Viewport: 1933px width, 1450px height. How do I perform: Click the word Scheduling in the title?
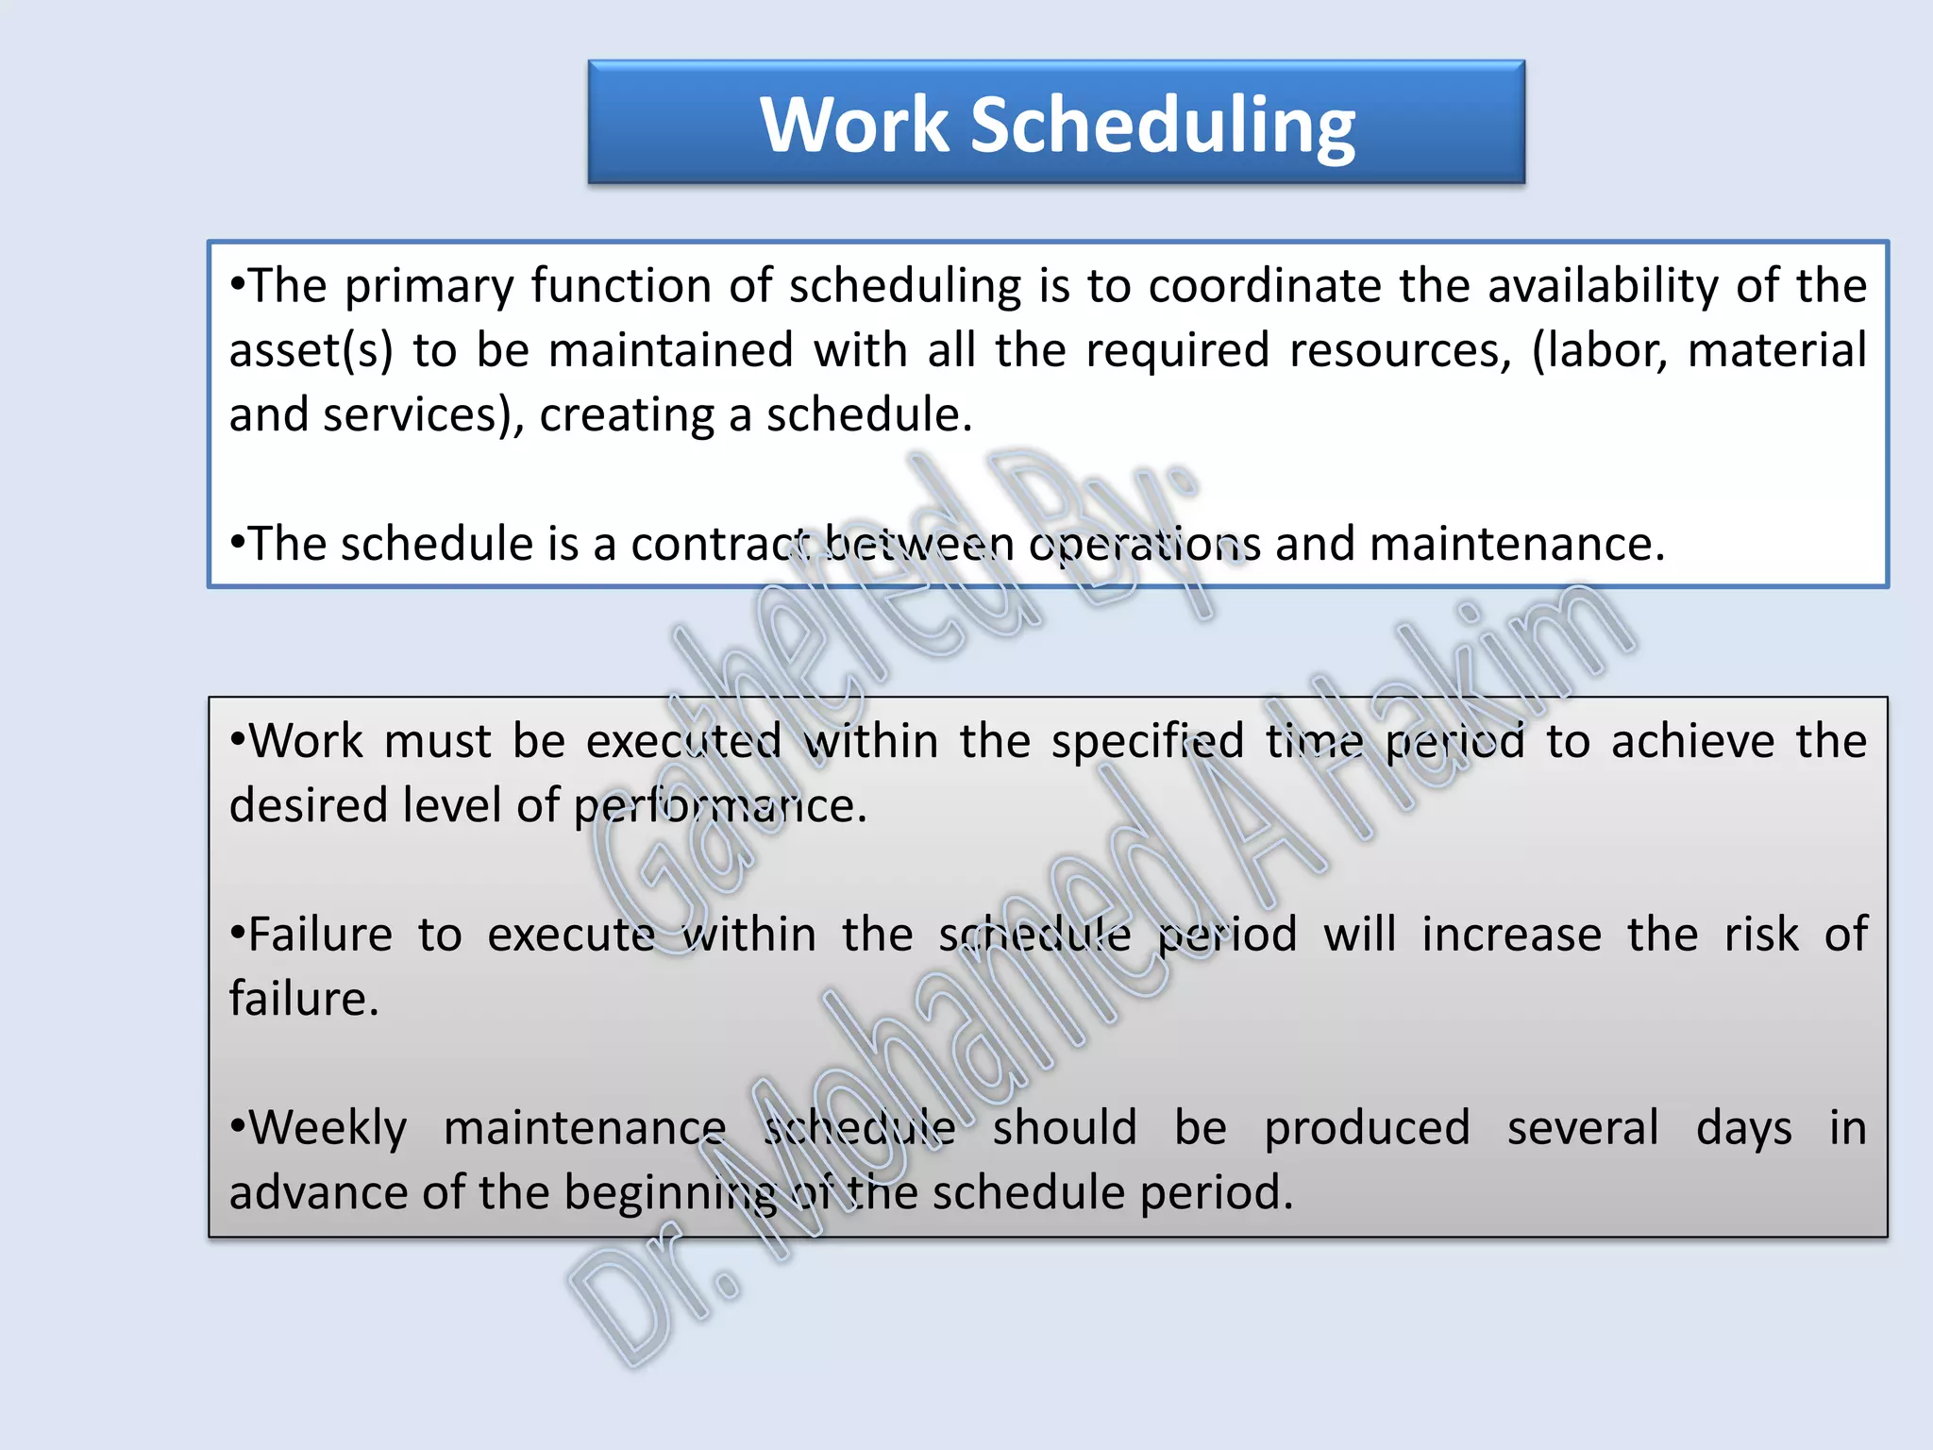[1163, 126]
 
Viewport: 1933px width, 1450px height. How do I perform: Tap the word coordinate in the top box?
[1264, 286]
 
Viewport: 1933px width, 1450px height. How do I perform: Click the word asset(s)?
[311, 351]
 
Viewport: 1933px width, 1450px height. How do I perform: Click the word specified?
[1148, 742]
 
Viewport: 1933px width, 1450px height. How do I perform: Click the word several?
[1582, 1129]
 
